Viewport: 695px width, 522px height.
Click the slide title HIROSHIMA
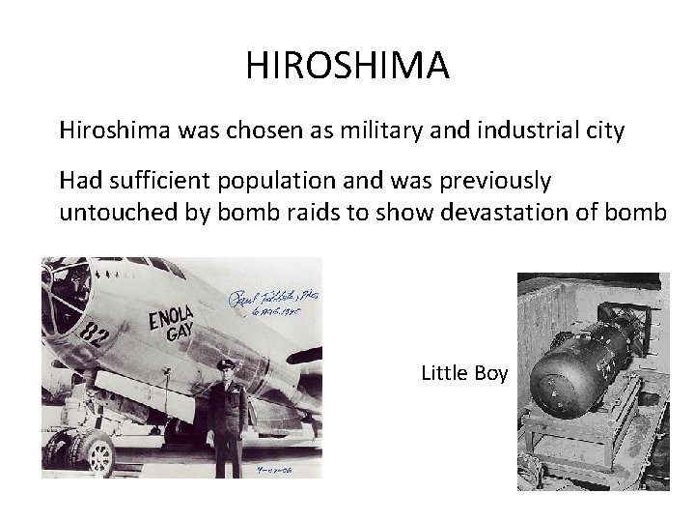point(347,66)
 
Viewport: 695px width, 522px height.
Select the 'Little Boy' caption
point(464,373)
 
